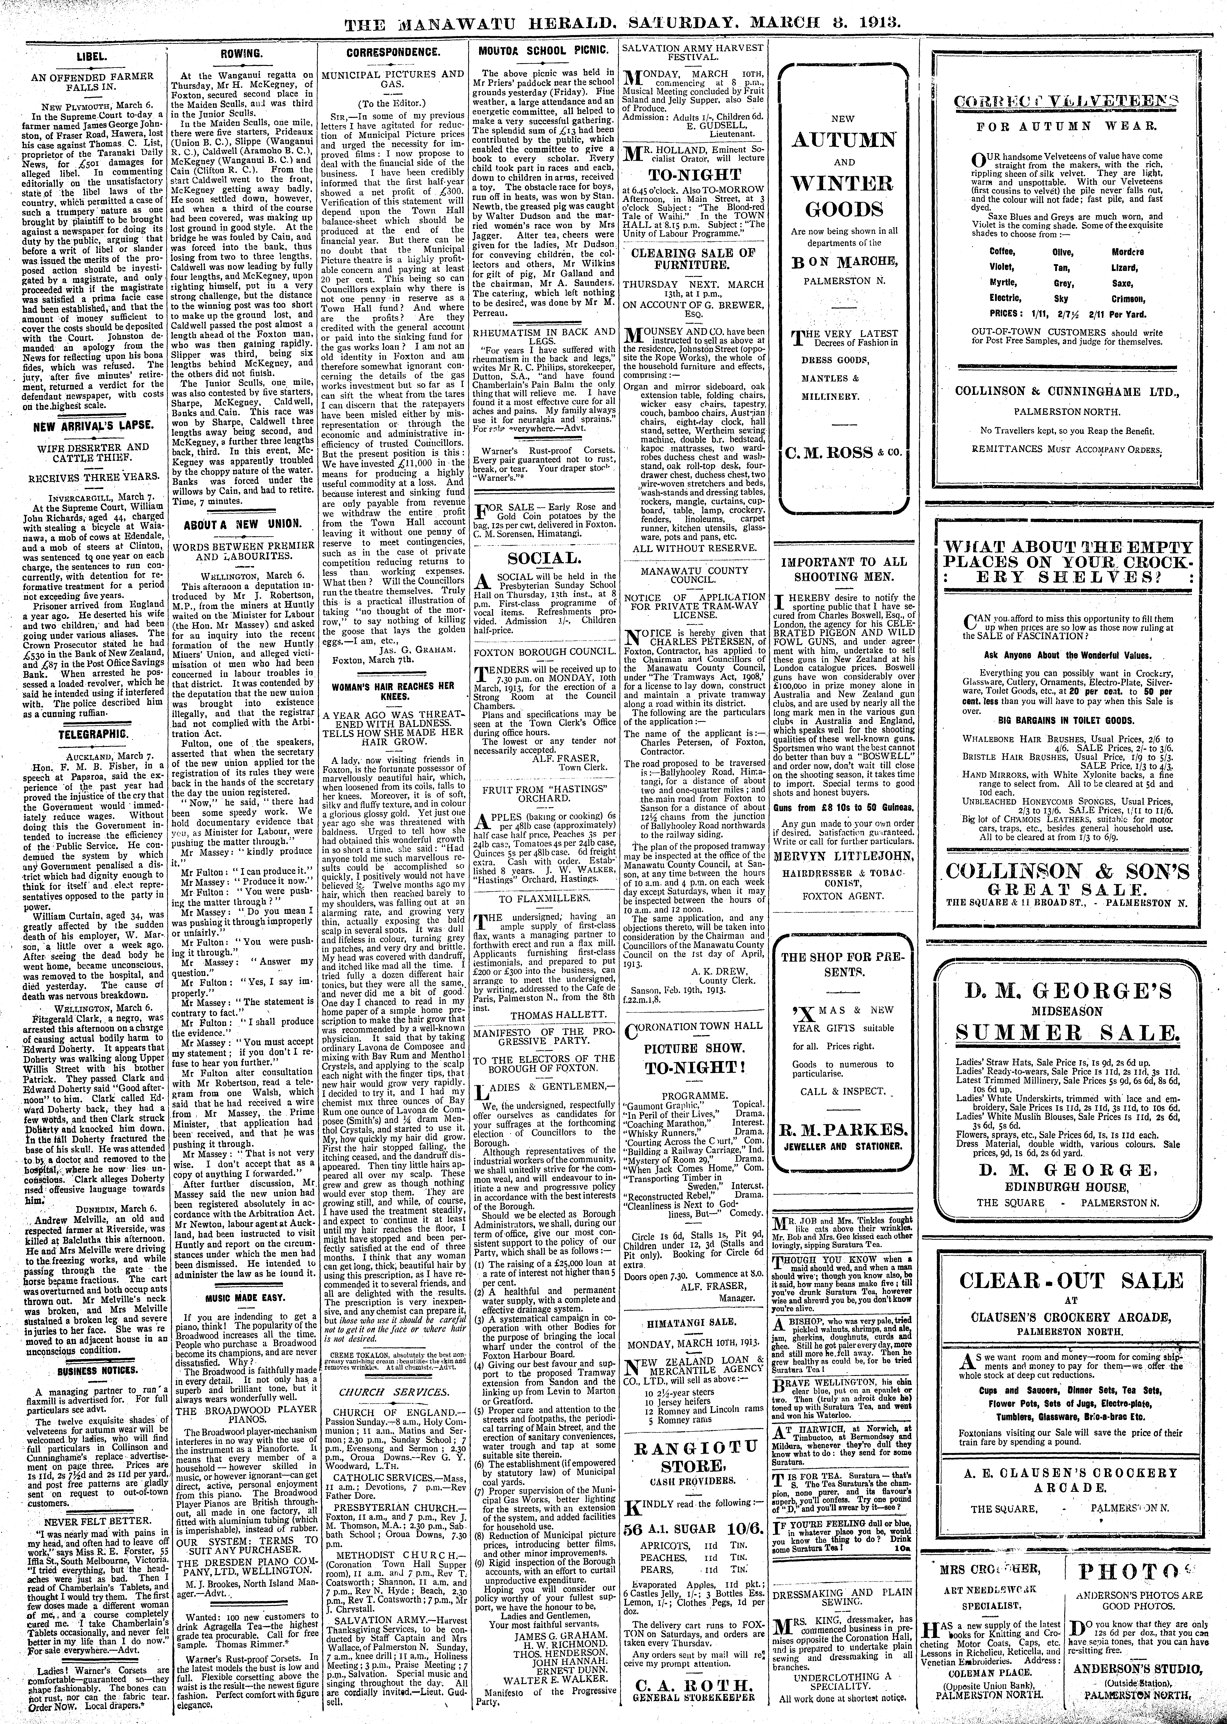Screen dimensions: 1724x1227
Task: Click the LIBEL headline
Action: point(91,57)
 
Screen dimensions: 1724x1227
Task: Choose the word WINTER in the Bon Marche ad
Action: point(842,184)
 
